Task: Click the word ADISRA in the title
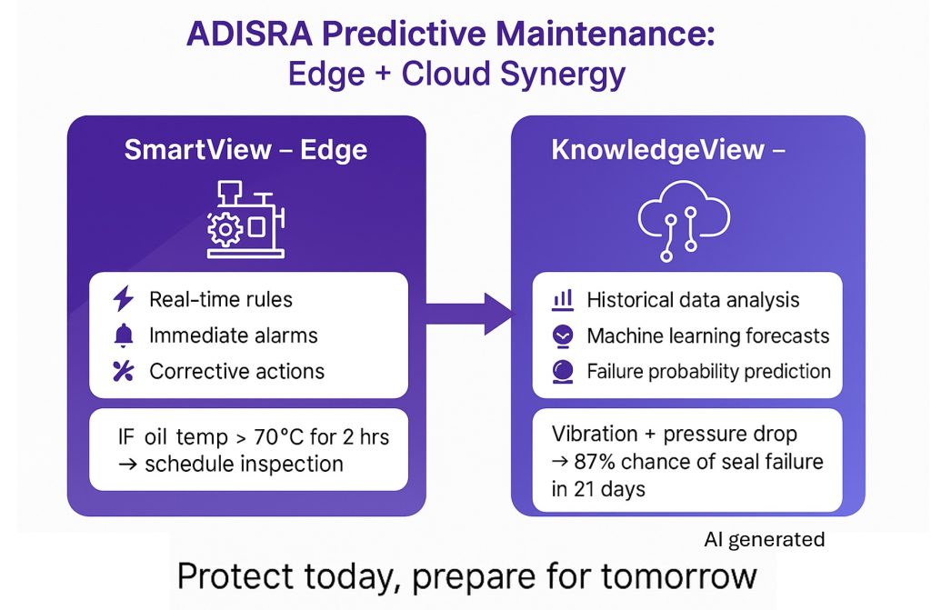[x=249, y=34]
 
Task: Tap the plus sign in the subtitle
[x=383, y=74]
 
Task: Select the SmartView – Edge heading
[x=245, y=149]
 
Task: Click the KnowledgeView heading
[x=658, y=150]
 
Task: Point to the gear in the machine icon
[x=225, y=229]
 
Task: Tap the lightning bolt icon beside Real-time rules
[x=124, y=299]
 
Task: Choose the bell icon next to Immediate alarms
[x=124, y=335]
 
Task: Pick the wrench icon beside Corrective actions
[x=124, y=371]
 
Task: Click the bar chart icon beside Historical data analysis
[x=562, y=301]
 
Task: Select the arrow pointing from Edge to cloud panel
[x=469, y=314]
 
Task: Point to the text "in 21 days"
[x=598, y=489]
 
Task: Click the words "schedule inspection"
[x=244, y=464]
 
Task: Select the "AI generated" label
[x=764, y=539]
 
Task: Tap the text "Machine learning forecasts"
[x=707, y=336]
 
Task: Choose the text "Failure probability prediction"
[x=709, y=371]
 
